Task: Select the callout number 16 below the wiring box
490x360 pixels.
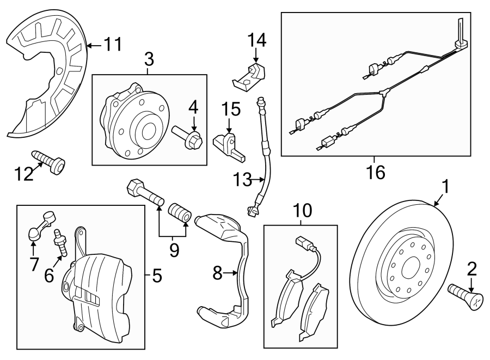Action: pyautogui.click(x=376, y=172)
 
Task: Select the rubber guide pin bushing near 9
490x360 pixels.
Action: pyautogui.click(x=179, y=212)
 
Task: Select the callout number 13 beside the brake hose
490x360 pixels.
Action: pyautogui.click(x=244, y=178)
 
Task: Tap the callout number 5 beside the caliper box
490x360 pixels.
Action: pyautogui.click(x=157, y=277)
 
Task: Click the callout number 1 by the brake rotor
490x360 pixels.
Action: pyautogui.click(x=445, y=187)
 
